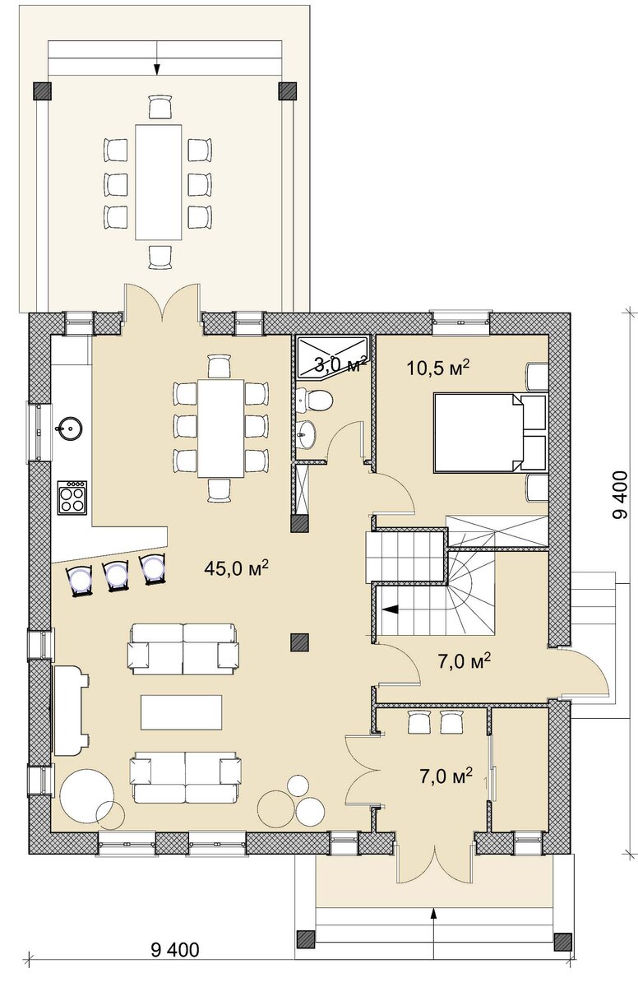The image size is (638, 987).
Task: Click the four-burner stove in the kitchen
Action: pyautogui.click(x=72, y=497)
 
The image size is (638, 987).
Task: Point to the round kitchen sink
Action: pyautogui.click(x=69, y=428)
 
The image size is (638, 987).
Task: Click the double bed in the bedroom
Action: pyautogui.click(x=491, y=433)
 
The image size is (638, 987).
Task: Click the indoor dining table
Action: pyautogui.click(x=221, y=428)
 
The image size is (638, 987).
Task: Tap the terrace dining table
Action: pyautogui.click(x=159, y=182)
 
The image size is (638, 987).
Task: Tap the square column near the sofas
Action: pyautogui.click(x=300, y=642)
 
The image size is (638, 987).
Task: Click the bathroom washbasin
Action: pyautogui.click(x=306, y=433)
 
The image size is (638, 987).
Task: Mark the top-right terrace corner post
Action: pyautogui.click(x=288, y=91)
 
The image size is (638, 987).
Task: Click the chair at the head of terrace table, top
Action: pyautogui.click(x=159, y=107)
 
